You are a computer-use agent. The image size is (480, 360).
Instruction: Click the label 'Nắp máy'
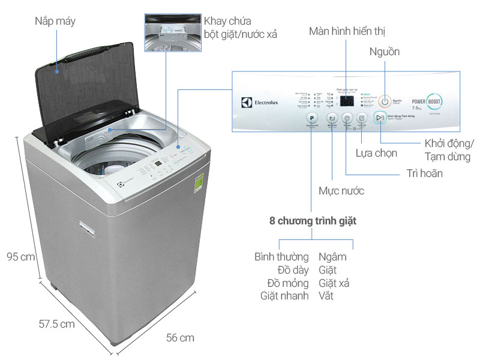[x=55, y=22]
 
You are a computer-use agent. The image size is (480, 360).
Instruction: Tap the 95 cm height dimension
[x=20, y=256]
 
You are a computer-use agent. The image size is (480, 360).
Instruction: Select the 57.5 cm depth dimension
[x=55, y=324]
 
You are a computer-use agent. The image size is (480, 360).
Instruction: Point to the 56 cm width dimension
[x=179, y=338]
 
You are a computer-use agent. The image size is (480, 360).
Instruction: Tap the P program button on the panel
[x=311, y=118]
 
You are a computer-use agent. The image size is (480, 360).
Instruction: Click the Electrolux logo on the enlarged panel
[x=258, y=103]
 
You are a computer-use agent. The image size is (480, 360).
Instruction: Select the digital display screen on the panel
[x=345, y=101]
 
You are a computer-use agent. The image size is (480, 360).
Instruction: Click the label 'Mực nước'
[x=341, y=191]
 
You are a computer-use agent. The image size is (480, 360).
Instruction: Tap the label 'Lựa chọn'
[x=376, y=153]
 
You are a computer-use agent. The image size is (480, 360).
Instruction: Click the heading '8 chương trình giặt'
[x=313, y=221]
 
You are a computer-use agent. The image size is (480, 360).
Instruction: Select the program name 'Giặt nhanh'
[x=284, y=295]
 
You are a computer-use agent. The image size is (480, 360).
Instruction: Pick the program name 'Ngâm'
[x=332, y=257]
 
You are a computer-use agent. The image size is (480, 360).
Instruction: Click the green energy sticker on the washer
[x=199, y=182]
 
